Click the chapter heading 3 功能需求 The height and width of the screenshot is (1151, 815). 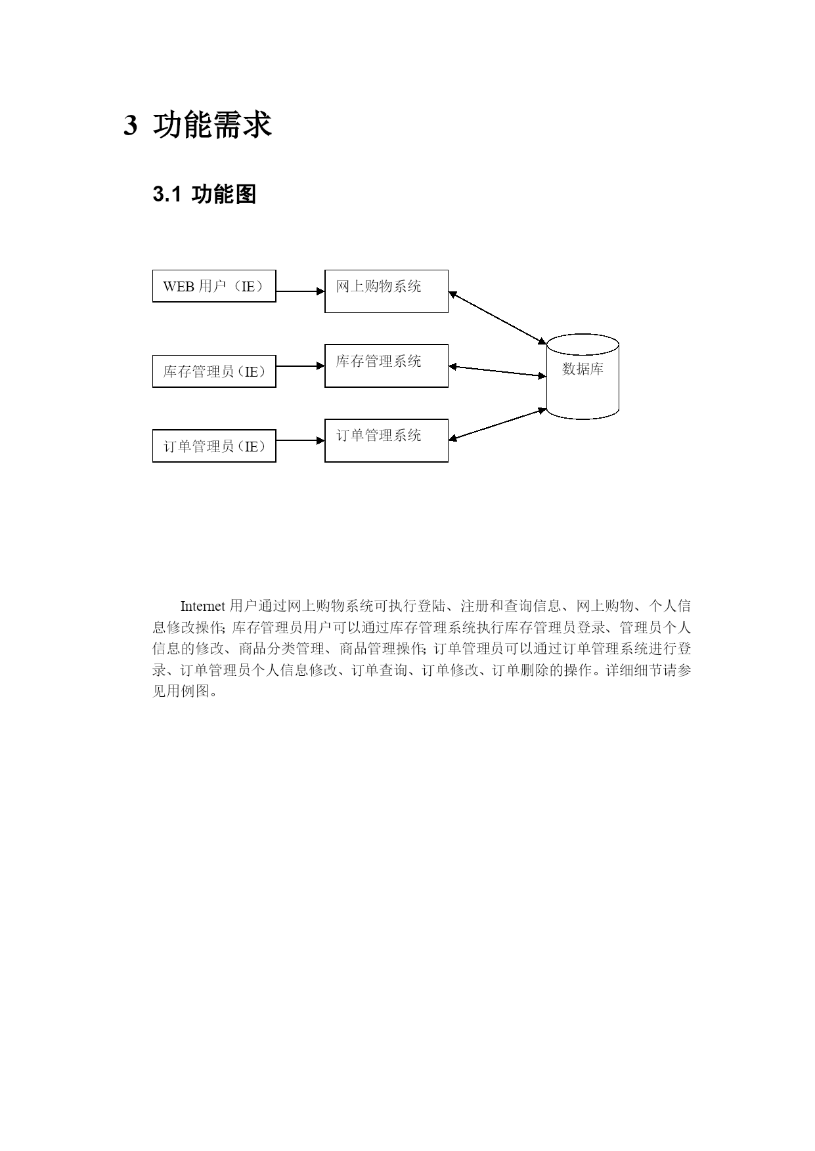click(198, 125)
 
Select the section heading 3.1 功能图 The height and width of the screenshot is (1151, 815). click(204, 194)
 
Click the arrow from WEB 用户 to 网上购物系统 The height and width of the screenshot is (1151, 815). click(300, 291)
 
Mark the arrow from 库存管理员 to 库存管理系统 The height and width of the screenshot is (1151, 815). click(300, 366)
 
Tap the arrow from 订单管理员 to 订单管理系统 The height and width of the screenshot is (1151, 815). click(300, 441)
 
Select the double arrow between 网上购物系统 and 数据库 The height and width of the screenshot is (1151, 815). click(498, 318)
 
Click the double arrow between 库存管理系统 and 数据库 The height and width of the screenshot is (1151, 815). click(498, 371)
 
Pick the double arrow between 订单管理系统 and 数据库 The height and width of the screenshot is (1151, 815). click(498, 424)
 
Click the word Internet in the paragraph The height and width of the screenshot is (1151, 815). click(203, 606)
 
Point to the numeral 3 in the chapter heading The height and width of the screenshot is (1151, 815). click(130, 125)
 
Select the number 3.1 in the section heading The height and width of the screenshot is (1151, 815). click(167, 195)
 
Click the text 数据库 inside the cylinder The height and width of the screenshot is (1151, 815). click(583, 369)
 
